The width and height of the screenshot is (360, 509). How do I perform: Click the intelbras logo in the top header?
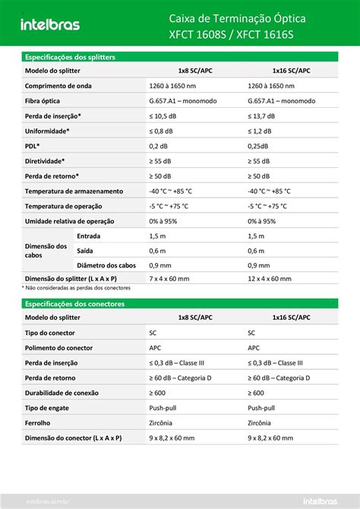click(50, 24)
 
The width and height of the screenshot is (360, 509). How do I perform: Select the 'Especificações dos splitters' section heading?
click(71, 57)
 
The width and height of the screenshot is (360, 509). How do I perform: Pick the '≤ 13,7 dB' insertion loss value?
click(265, 115)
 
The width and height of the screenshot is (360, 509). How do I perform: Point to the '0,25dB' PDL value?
click(261, 145)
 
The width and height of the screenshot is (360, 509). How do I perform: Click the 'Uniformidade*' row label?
click(47, 131)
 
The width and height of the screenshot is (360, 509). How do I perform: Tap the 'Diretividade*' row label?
click(45, 160)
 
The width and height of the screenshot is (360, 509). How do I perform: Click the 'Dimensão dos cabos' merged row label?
click(46, 251)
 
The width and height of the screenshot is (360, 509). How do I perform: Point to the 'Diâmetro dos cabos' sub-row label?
click(106, 265)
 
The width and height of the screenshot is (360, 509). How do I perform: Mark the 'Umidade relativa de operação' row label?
click(69, 220)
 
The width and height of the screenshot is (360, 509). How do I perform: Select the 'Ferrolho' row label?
click(38, 422)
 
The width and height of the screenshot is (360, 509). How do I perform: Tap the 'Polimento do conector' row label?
click(58, 348)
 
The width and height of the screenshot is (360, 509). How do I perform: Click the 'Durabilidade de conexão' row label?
click(62, 393)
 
